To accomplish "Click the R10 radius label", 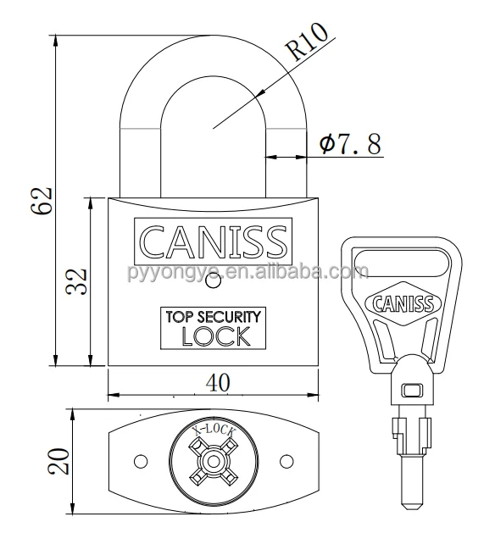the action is [x=307, y=42].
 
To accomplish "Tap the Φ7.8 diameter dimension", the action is [x=350, y=144].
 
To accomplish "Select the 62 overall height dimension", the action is [x=42, y=201].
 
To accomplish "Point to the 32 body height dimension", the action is [x=76, y=281].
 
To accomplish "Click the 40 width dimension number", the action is [x=218, y=383].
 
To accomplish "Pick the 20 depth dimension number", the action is [x=58, y=462].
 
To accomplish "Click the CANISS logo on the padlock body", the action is [x=213, y=241].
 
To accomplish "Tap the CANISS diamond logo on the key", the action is [x=403, y=304].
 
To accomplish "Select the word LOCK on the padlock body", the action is [x=216, y=336].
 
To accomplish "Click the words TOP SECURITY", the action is [x=213, y=317].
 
